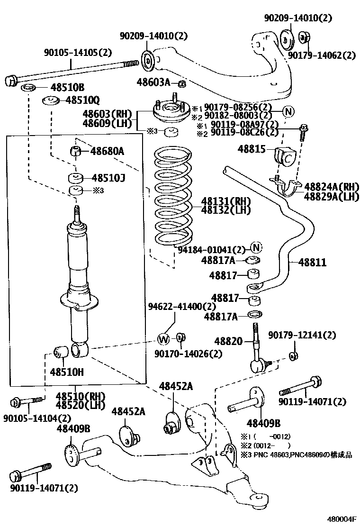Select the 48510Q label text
click(x=82, y=100)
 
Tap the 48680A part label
click(x=107, y=151)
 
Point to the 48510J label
click(x=108, y=178)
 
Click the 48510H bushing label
click(x=67, y=372)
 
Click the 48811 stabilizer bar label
click(x=312, y=262)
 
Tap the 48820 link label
click(x=228, y=341)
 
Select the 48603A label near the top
click(x=153, y=82)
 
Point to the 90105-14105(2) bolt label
click(x=78, y=53)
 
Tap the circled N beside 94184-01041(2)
click(x=256, y=247)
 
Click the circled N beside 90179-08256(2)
click(x=288, y=111)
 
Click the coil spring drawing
click(x=174, y=199)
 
